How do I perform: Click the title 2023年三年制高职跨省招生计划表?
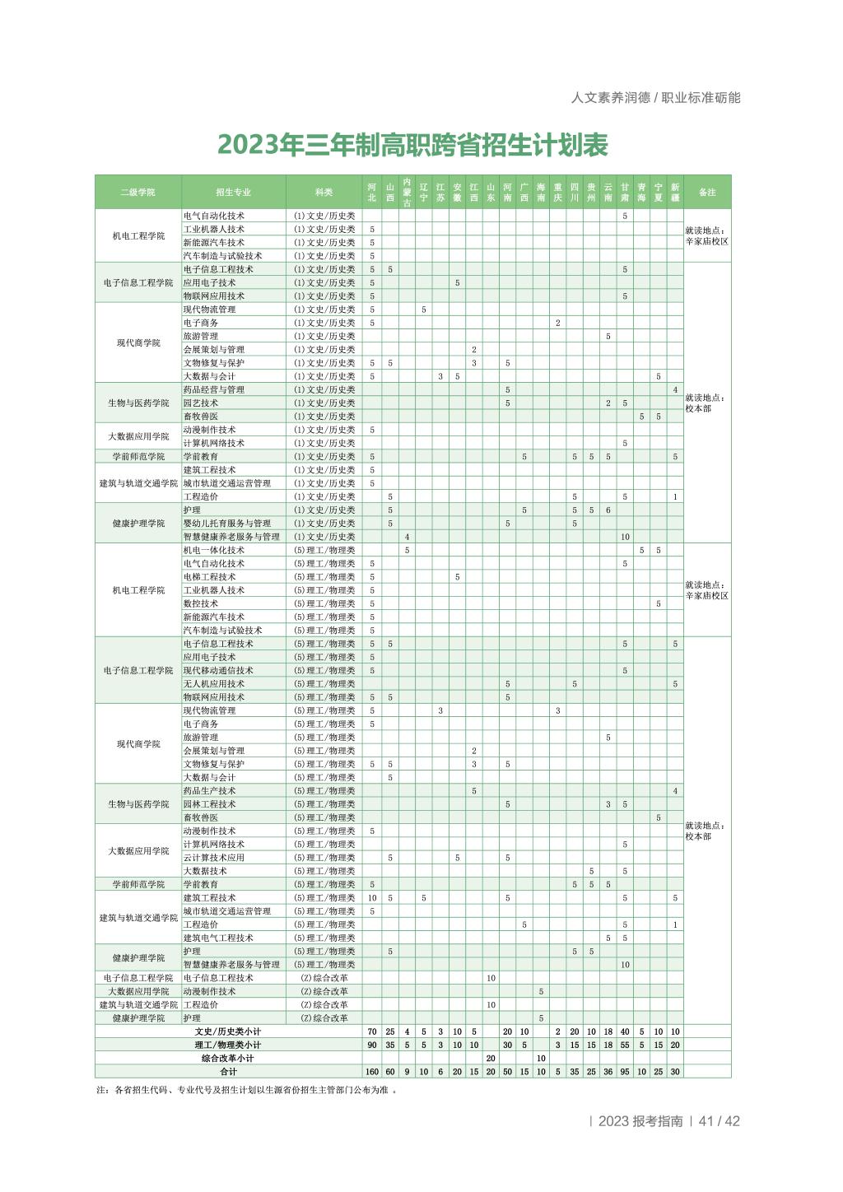click(412, 145)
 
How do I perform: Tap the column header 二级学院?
click(137, 192)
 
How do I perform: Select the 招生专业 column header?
click(233, 192)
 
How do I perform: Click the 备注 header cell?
click(707, 192)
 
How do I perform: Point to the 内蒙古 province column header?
click(407, 192)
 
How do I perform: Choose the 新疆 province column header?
click(675, 192)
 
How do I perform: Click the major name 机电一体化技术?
click(214, 550)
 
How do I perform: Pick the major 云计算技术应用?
click(214, 858)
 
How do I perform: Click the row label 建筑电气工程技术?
click(218, 938)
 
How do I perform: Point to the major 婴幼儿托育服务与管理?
click(227, 524)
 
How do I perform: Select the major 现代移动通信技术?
click(218, 671)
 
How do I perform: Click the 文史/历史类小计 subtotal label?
click(228, 1031)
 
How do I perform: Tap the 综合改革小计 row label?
click(228, 1058)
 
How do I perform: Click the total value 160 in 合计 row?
click(372, 1072)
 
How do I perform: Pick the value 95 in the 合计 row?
click(625, 1072)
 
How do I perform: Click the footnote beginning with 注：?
click(246, 1090)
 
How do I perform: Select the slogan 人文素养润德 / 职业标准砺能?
click(655, 97)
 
